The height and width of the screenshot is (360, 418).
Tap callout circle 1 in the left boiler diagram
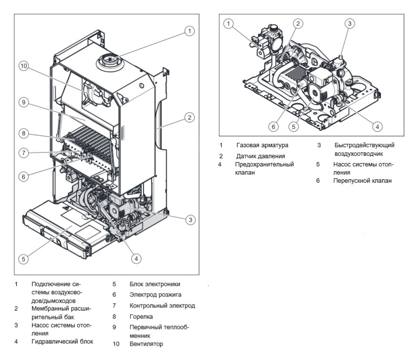[190, 31]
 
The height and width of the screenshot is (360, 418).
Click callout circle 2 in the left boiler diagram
[190, 117]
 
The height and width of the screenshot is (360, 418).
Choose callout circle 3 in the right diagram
[350, 23]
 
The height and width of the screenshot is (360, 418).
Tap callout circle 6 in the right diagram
[273, 127]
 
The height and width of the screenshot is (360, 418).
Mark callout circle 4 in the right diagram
[377, 127]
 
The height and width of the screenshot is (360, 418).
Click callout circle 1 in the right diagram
[229, 23]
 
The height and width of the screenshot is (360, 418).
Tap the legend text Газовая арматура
[262, 145]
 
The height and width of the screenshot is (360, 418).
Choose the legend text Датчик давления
[260, 156]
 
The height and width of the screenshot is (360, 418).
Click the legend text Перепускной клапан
[363, 181]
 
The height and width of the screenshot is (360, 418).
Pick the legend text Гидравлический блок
[62, 341]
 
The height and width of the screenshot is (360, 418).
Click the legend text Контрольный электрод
[162, 305]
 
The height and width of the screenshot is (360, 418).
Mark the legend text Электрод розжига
[155, 295]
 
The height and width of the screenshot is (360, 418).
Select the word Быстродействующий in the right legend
[364, 145]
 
